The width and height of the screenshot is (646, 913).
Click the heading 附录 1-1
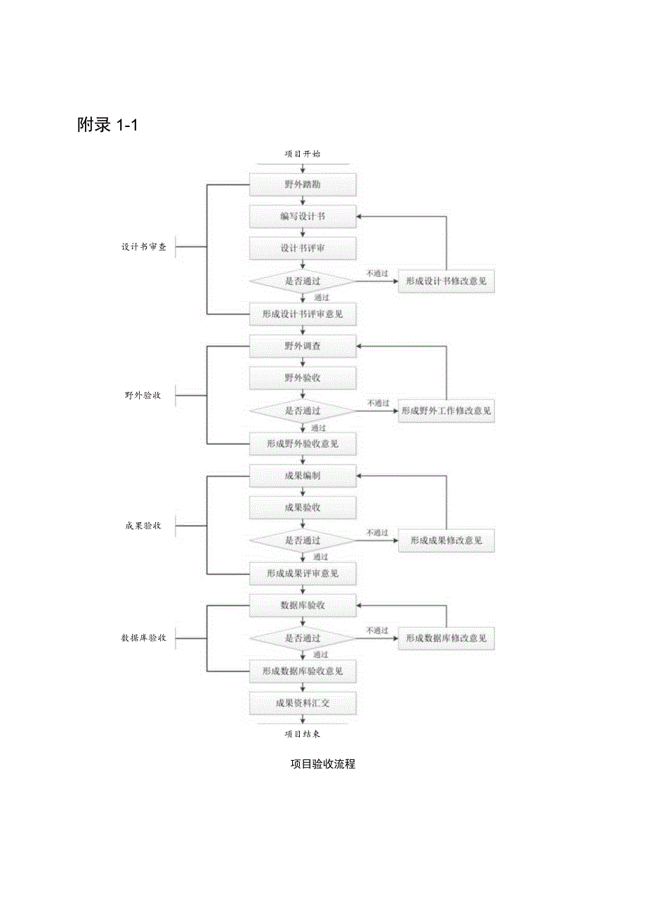(x=109, y=126)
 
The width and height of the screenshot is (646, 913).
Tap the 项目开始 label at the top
(x=303, y=153)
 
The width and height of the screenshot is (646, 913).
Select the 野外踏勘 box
(x=303, y=185)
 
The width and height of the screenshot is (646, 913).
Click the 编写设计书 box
(x=303, y=217)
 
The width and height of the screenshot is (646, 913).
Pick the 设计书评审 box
(x=303, y=248)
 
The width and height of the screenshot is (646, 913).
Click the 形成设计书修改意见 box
(x=447, y=281)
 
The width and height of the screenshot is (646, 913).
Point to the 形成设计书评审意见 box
(x=303, y=314)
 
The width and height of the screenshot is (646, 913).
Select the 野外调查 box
(x=303, y=346)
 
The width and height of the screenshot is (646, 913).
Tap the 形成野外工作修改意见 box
(x=447, y=411)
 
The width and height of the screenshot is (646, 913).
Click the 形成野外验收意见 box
(x=303, y=444)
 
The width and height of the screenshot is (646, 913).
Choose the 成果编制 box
(x=303, y=476)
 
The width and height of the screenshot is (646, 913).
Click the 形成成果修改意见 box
(x=447, y=540)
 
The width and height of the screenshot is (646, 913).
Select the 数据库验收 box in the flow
(x=303, y=605)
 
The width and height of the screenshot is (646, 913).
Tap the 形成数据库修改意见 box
(x=447, y=639)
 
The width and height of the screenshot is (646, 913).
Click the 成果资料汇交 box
(x=303, y=702)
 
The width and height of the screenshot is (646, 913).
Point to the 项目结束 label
(x=303, y=734)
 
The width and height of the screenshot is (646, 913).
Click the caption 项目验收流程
(x=323, y=764)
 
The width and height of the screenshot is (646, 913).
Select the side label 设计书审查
(x=144, y=247)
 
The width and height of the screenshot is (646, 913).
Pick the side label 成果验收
(x=143, y=526)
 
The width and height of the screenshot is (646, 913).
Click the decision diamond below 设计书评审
(x=303, y=281)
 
